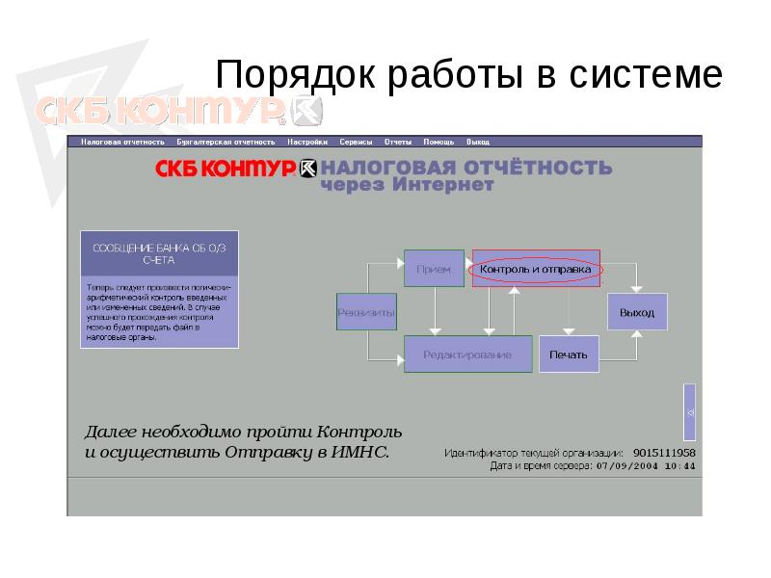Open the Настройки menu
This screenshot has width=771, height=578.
click(x=307, y=142)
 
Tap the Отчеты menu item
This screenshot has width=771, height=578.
click(x=398, y=142)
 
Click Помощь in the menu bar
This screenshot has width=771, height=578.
click(x=439, y=142)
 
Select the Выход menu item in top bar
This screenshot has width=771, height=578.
click(x=477, y=142)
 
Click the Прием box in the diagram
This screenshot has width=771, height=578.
click(x=433, y=270)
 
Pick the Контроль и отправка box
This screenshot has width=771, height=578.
click(x=536, y=270)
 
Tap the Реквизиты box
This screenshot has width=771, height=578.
click(x=366, y=312)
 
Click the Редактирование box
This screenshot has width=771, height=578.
click(x=467, y=355)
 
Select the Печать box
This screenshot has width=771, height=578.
click(x=569, y=355)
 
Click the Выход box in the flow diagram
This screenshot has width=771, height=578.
click(x=637, y=312)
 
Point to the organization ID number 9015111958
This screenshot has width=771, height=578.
click(x=665, y=452)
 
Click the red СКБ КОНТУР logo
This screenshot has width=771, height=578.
click(x=226, y=169)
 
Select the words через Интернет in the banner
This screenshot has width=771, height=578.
click(x=407, y=185)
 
